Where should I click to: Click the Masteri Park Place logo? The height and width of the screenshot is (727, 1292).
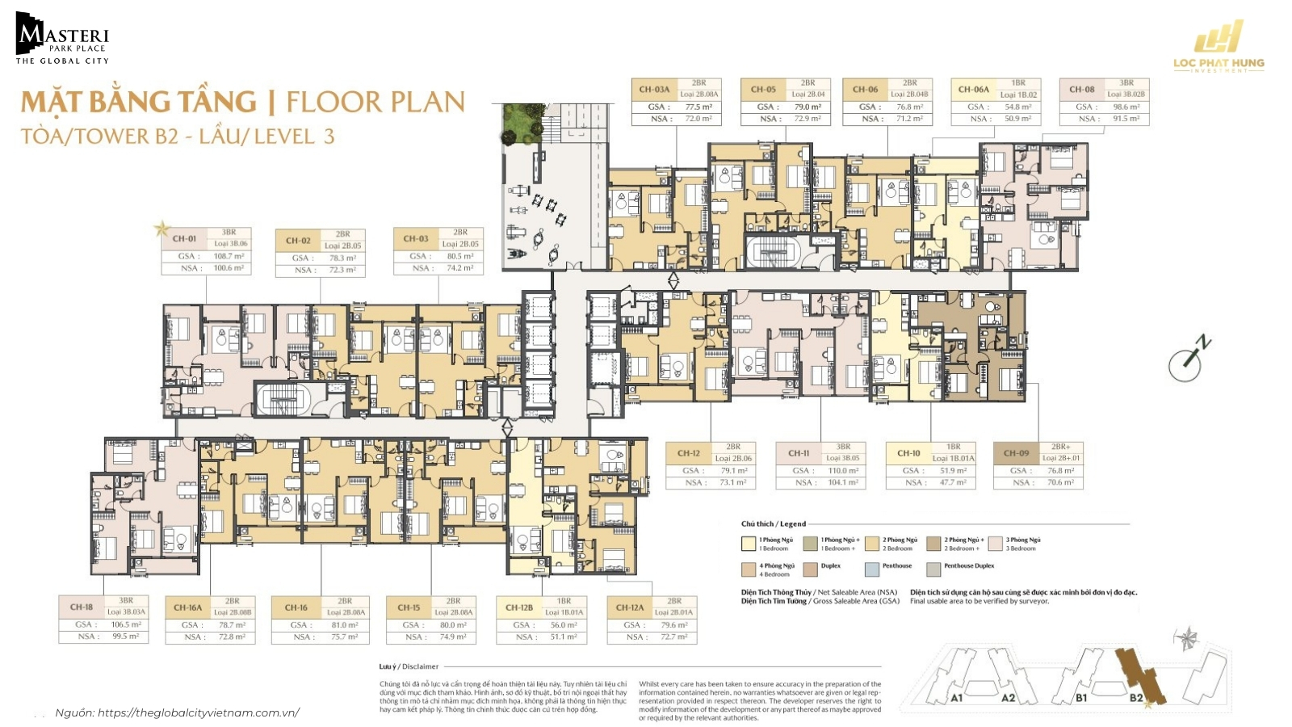pyautogui.click(x=61, y=39)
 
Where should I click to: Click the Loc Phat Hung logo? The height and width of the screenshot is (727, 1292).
pyautogui.click(x=1219, y=50)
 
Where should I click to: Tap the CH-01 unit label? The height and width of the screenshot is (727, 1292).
pyautogui.click(x=184, y=238)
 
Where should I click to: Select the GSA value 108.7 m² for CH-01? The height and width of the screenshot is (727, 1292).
pyautogui.click(x=228, y=256)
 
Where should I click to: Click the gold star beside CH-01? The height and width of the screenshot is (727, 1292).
pyautogui.click(x=161, y=229)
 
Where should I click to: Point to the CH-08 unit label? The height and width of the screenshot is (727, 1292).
pyautogui.click(x=1081, y=90)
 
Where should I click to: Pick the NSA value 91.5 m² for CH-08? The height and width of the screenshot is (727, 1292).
pyautogui.click(x=1126, y=119)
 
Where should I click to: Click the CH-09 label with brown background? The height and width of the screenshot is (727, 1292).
pyautogui.click(x=1016, y=453)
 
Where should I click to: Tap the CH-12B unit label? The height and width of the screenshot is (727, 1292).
pyautogui.click(x=519, y=607)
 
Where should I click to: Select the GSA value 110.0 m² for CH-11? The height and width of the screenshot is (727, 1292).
pyautogui.click(x=842, y=470)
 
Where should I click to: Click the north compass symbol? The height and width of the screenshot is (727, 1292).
pyautogui.click(x=1187, y=360)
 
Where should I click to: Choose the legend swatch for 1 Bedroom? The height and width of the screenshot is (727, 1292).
pyautogui.click(x=749, y=544)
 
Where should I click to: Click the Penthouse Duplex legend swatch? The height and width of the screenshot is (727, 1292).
pyautogui.click(x=933, y=569)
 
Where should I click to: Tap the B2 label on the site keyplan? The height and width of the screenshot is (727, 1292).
pyautogui.click(x=1136, y=698)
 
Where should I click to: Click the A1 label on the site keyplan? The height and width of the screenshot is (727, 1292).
pyautogui.click(x=956, y=698)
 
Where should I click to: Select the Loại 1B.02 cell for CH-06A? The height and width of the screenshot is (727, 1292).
pyautogui.click(x=1018, y=95)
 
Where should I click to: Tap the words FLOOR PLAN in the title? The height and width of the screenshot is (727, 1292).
pyautogui.click(x=375, y=103)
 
